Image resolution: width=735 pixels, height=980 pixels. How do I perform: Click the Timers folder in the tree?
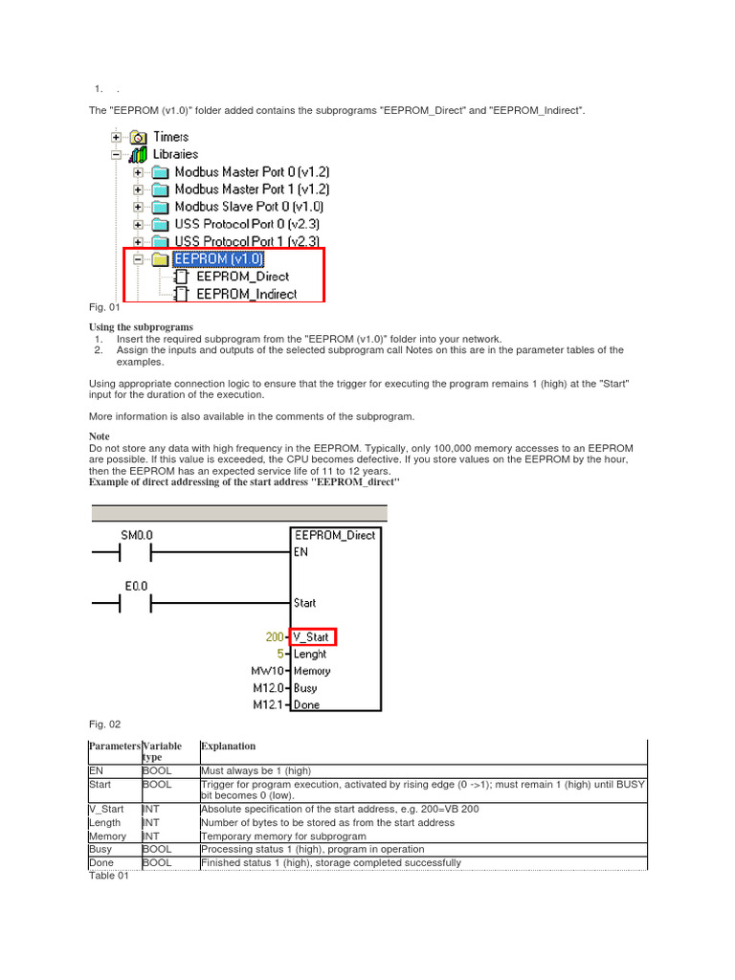pos(171,137)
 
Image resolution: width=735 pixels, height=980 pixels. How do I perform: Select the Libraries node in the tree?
pos(175,154)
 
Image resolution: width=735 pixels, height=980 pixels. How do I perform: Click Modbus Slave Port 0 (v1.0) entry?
pos(249,207)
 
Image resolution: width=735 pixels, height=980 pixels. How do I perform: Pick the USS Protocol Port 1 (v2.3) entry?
pos(247,241)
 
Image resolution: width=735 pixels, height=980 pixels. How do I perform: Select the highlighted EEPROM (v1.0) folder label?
pos(218,258)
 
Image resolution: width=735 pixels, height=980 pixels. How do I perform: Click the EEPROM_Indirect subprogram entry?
pos(246,294)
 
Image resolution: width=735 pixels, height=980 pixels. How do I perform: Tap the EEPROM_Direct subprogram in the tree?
pos(242,277)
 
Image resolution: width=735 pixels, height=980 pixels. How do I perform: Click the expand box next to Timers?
pos(116,137)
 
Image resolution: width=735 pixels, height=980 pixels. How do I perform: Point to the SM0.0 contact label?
pos(136,534)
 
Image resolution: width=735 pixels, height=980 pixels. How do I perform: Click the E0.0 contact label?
pos(136,586)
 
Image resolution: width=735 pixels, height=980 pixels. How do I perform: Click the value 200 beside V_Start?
pos(276,637)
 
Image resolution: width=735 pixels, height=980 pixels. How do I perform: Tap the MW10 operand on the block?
pos(269,672)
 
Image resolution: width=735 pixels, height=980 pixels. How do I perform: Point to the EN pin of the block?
pos(301,552)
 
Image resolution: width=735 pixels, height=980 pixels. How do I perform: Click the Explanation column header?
pos(228,746)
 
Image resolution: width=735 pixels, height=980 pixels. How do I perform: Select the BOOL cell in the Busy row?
pos(157,849)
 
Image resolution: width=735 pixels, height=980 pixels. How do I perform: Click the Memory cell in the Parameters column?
pos(108,835)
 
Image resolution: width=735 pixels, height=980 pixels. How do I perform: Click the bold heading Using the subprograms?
pos(141,327)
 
